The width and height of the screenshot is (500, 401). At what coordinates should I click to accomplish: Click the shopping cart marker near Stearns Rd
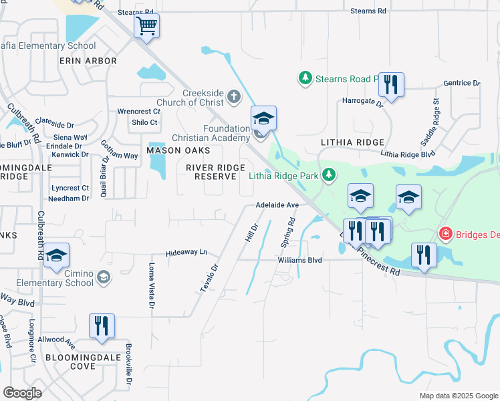(146, 27)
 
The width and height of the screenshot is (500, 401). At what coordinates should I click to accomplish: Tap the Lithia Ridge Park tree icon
(328, 175)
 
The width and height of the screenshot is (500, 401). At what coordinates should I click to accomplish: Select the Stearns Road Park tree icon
(305, 79)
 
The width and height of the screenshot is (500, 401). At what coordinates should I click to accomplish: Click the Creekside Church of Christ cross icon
(234, 96)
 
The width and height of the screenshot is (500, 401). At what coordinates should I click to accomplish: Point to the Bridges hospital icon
(445, 233)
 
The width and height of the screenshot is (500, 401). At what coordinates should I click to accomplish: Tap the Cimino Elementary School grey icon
(103, 276)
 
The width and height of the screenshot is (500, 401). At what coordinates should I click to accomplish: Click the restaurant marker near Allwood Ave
(102, 326)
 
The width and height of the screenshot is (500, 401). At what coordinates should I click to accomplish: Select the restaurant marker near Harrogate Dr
(391, 84)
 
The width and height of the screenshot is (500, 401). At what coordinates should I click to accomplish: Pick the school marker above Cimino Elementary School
(57, 255)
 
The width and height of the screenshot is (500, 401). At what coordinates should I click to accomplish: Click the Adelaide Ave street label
(276, 205)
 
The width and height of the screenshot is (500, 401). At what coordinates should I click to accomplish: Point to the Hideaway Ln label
(187, 253)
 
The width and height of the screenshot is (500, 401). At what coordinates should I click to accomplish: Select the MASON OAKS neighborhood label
(174, 150)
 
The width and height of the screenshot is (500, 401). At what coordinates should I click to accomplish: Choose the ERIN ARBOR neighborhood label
(88, 61)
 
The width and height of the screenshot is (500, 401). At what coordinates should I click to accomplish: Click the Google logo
(23, 393)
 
